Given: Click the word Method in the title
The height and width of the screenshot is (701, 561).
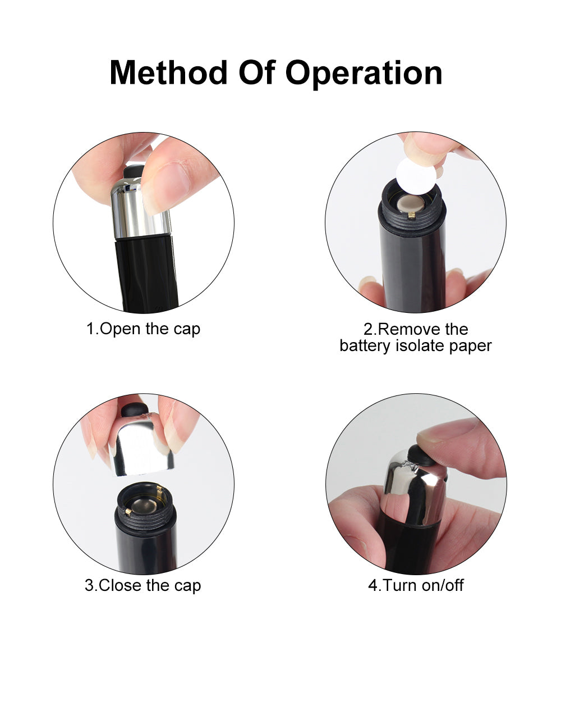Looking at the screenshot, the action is coord(168,72).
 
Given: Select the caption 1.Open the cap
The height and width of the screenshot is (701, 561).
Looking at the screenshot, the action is coord(143,329).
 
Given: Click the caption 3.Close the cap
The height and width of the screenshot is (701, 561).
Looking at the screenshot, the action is coord(143,585).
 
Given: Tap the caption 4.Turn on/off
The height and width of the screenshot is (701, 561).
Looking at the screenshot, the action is coord(416,585).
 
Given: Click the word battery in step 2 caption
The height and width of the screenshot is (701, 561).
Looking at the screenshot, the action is coord(365,345).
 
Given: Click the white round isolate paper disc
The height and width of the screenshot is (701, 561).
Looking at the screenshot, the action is coord(416,176).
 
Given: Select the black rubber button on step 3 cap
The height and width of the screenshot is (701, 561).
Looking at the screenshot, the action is coord(135,410).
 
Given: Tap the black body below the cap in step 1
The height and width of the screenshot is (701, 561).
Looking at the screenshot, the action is coord(146,273).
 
